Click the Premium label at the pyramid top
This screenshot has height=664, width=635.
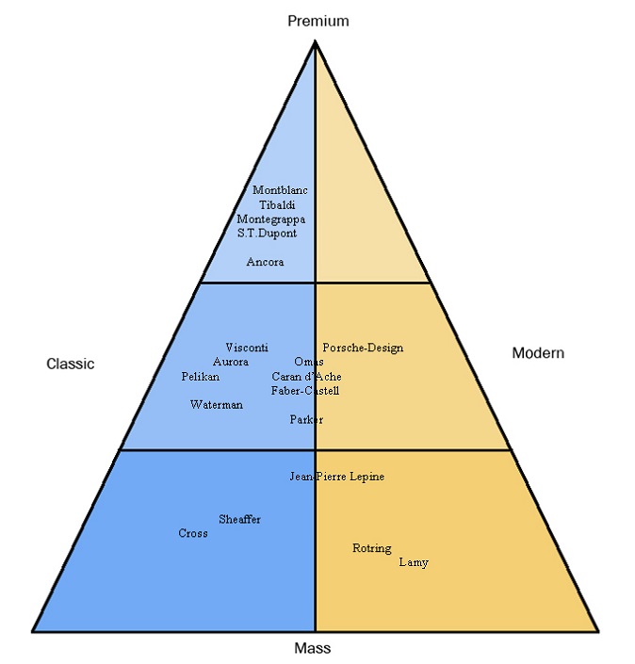click(317, 21)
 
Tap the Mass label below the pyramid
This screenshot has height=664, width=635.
click(313, 648)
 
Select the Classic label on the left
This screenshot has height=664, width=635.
click(71, 364)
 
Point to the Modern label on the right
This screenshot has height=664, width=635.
click(538, 353)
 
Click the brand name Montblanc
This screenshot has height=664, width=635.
click(280, 190)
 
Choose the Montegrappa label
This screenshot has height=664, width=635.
click(271, 219)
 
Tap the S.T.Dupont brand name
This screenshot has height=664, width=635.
click(267, 233)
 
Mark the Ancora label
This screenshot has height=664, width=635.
click(265, 262)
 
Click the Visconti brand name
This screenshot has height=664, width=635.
click(247, 347)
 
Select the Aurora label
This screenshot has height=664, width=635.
click(231, 362)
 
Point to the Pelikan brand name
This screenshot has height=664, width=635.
click(201, 377)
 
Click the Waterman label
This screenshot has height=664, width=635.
click(216, 405)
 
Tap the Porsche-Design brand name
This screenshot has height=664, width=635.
click(363, 348)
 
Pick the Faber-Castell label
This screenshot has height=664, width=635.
click(305, 391)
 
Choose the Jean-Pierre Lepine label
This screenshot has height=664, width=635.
click(337, 477)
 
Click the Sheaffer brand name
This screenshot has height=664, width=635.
click(240, 519)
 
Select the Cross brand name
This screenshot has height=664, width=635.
click(193, 534)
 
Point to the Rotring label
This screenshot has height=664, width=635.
click(372, 548)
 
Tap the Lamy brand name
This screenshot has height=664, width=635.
click(414, 562)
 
